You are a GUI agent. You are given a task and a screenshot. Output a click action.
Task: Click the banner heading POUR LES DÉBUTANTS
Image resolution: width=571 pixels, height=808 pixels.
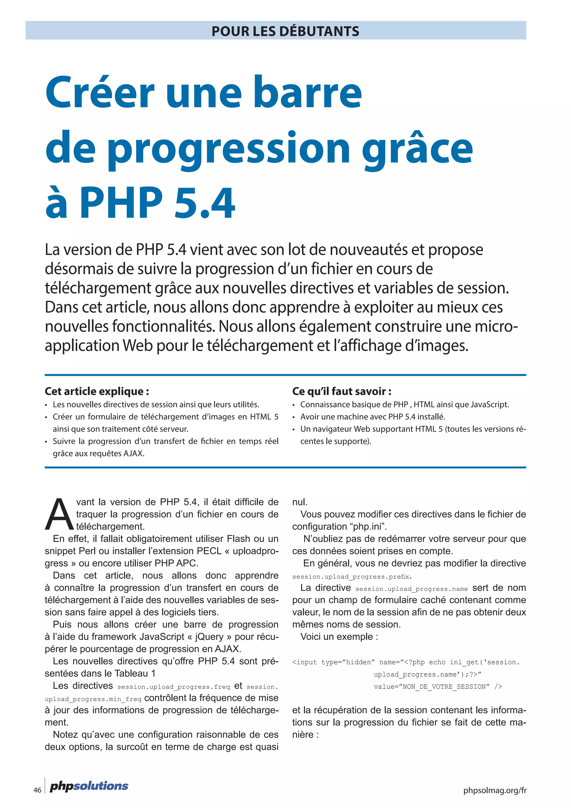point(285,31)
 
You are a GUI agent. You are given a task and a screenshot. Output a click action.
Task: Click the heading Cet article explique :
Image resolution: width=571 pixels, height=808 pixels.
point(97,391)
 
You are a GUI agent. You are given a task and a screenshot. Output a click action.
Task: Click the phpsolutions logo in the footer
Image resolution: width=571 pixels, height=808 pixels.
point(89,786)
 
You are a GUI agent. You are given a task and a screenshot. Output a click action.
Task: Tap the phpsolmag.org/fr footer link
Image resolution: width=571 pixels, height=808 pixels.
point(495,790)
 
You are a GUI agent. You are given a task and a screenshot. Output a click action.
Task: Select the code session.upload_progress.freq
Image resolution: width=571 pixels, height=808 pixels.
point(173,687)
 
